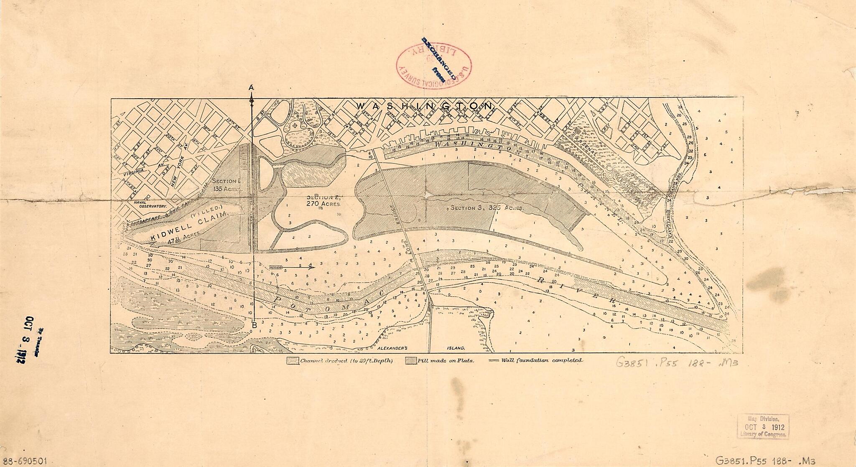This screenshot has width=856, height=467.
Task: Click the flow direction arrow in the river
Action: coord(292,267)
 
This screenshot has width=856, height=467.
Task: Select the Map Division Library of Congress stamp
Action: coord(763,426)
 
